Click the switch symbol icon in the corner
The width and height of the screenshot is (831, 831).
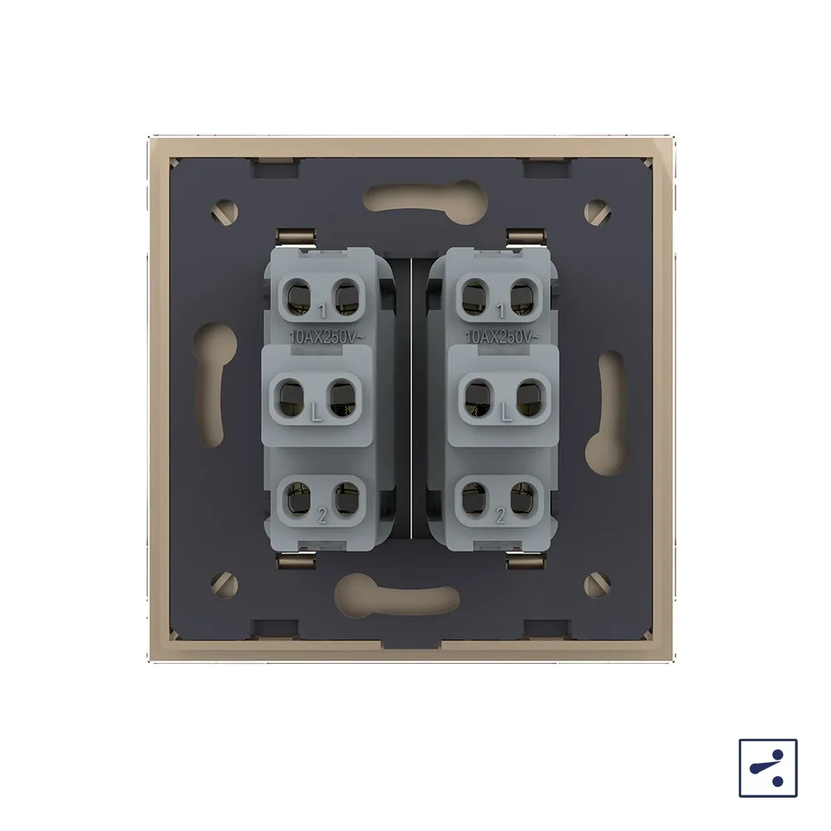click(768, 768)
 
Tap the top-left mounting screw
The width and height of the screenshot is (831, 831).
click(224, 213)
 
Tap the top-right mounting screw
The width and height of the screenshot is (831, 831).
click(597, 212)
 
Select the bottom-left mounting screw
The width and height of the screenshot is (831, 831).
click(224, 585)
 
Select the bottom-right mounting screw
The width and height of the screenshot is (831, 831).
click(597, 584)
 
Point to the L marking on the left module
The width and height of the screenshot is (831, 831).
click(317, 413)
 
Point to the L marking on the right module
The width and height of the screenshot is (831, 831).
click(507, 413)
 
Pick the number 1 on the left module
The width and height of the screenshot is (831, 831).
click(323, 311)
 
